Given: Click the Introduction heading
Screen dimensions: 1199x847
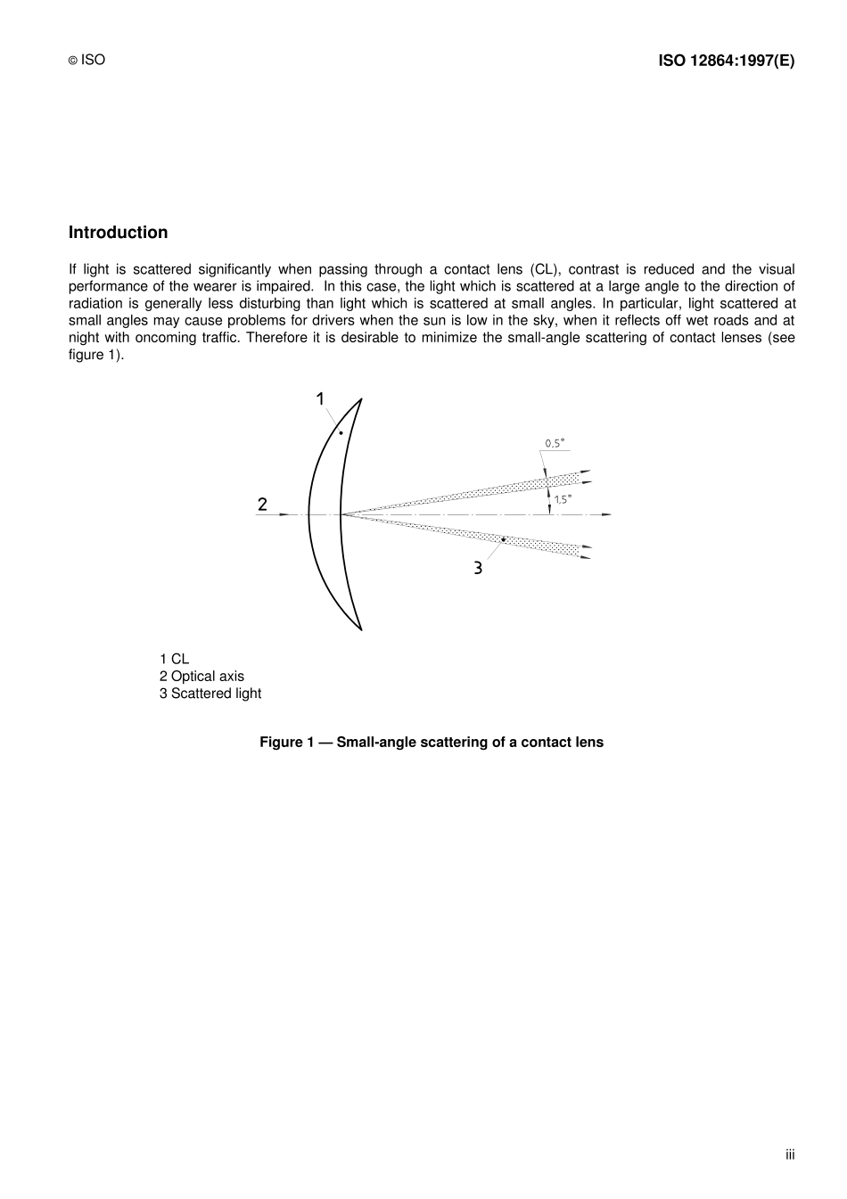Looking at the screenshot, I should [x=118, y=233].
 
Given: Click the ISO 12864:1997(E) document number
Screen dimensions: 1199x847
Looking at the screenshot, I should [x=726, y=61].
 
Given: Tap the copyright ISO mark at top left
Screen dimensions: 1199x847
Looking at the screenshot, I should [x=86, y=60].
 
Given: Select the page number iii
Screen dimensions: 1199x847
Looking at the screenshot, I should [x=790, y=1154].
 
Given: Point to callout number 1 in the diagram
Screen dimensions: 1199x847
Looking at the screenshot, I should [x=320, y=399].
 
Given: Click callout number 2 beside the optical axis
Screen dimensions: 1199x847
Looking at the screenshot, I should [x=262, y=505].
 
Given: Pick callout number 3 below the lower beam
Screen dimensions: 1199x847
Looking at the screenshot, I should [x=478, y=567].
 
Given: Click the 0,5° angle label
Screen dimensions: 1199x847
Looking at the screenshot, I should [x=554, y=443].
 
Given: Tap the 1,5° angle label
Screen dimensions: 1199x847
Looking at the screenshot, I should [x=563, y=499].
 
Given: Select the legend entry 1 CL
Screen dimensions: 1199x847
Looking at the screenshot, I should [x=174, y=659].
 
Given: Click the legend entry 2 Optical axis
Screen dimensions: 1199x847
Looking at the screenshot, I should [x=201, y=676].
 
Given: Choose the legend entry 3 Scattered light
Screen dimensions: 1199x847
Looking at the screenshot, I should [x=210, y=693].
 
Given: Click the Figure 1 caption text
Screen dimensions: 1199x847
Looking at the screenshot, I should [x=432, y=742].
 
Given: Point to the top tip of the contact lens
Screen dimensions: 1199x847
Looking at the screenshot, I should [x=361, y=399].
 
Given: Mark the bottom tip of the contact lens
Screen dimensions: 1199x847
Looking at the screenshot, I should [x=361, y=629].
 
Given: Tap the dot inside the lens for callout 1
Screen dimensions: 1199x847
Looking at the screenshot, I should [x=341, y=432].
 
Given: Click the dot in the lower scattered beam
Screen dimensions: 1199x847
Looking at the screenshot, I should [x=503, y=539].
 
